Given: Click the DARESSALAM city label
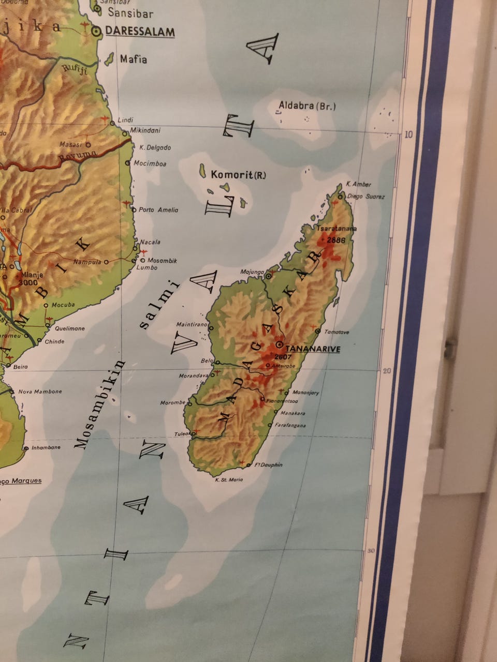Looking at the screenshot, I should pyautogui.click(x=140, y=32).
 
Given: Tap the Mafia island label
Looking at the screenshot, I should pyautogui.click(x=134, y=59).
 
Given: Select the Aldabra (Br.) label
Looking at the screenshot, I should pyautogui.click(x=307, y=106).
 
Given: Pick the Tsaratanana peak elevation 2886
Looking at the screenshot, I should pyautogui.click(x=336, y=240).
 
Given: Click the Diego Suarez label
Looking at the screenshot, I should pyautogui.click(x=366, y=197).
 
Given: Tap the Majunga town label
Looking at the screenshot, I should pyautogui.click(x=252, y=272).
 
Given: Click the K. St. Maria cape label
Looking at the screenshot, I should pyautogui.click(x=228, y=480).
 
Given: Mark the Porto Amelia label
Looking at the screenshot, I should pyautogui.click(x=158, y=210).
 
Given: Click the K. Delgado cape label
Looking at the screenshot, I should pyautogui.click(x=155, y=148).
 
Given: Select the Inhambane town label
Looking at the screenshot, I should pyautogui.click(x=46, y=448).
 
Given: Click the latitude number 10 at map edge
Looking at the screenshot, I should pyautogui.click(x=409, y=135).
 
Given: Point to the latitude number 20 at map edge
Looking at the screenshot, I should pyautogui.click(x=387, y=370).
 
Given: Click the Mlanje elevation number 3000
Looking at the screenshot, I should pyautogui.click(x=27, y=283).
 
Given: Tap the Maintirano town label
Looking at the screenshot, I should pyautogui.click(x=192, y=325).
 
